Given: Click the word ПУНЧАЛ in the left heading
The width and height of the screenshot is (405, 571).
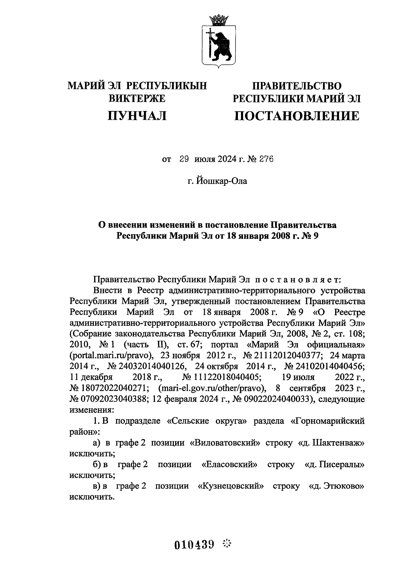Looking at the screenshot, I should (x=137, y=116).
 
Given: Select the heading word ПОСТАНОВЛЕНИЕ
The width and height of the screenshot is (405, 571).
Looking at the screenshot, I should (x=297, y=116).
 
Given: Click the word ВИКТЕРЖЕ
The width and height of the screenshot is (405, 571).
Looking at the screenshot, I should (x=137, y=98).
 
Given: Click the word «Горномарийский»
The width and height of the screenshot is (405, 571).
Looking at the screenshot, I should (x=328, y=421).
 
